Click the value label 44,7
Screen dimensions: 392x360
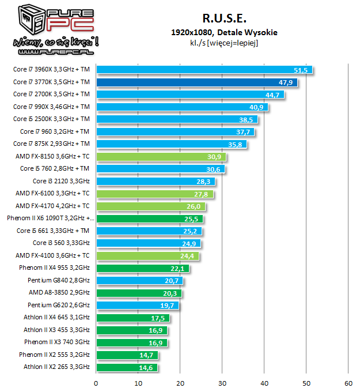[272, 95]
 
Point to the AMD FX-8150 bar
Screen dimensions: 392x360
[161, 156]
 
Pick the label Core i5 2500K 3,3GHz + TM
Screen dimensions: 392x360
[51, 119]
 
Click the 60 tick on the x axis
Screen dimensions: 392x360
[348, 382]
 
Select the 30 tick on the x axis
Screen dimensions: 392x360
[222, 382]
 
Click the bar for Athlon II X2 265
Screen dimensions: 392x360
[127, 367]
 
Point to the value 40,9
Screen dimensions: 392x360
[257, 107]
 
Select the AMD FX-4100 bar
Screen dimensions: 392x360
[147, 255]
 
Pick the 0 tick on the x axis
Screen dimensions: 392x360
[96, 382]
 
